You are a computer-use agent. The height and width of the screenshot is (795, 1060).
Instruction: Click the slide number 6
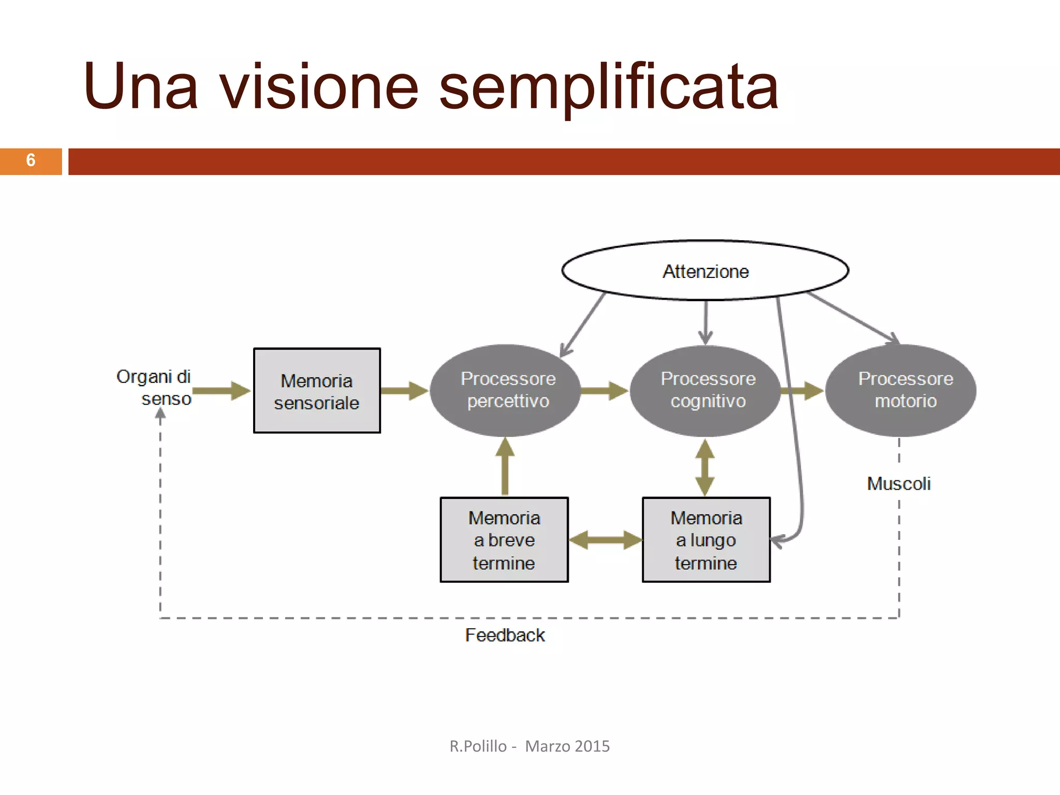pos(31,160)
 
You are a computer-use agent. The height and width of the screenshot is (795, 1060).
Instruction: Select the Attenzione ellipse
pos(705,271)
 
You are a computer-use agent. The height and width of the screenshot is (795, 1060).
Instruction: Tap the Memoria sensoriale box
pos(317,391)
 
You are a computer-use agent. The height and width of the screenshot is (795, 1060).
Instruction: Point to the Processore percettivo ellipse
pos(506,390)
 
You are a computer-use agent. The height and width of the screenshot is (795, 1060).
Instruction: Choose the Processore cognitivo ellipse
pos(705,390)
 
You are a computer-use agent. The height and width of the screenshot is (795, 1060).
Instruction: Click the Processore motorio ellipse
pos(901,390)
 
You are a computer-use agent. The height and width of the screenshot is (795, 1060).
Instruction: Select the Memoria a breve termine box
pos(504,540)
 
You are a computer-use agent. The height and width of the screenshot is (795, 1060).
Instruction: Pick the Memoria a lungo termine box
pos(706,540)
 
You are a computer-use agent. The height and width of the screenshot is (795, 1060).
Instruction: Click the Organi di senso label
pos(154,387)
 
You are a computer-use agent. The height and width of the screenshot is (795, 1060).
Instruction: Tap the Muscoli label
pos(899,483)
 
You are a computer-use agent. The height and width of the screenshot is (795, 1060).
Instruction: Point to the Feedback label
pos(505,635)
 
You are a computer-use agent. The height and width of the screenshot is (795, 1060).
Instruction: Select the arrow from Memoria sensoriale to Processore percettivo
pos(404,391)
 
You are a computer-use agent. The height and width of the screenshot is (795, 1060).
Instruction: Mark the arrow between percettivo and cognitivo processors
pos(604,391)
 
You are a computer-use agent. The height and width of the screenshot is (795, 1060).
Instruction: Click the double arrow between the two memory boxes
pos(605,540)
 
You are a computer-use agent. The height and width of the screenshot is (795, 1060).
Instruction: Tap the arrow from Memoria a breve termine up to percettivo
pos(505,466)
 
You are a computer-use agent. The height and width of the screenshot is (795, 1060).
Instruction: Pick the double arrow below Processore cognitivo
pos(705,467)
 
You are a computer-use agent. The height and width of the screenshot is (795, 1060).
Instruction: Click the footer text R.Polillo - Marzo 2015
pos(529,746)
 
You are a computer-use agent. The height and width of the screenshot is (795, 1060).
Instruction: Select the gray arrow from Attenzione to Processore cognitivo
pos(705,322)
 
